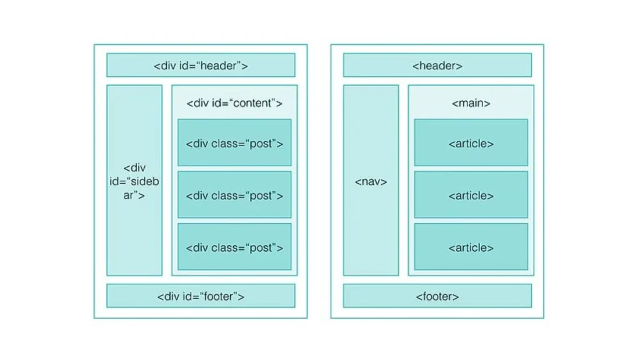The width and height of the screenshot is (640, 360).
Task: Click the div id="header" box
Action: point(201,65)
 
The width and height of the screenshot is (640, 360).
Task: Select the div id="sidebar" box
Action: point(134,181)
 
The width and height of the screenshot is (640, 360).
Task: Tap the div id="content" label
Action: point(234,103)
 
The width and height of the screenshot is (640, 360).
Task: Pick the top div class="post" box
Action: point(234,142)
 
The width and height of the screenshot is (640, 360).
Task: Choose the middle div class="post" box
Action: point(234,195)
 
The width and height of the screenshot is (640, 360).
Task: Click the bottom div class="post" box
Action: point(234,247)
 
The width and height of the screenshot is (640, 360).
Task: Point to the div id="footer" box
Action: point(201,296)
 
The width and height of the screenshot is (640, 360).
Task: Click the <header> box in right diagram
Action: point(437,65)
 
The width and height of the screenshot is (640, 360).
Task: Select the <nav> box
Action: point(371,181)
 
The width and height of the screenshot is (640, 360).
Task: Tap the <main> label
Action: point(471,103)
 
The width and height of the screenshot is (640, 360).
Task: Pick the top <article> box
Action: point(471,142)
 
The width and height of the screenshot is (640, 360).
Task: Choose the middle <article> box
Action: point(471,195)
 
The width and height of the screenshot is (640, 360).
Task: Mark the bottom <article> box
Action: point(471,247)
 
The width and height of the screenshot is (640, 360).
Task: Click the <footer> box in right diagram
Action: point(437,296)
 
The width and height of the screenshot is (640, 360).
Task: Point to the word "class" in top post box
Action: point(224,144)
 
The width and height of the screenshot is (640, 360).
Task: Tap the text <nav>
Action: point(371,182)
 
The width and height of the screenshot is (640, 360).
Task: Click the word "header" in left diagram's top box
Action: point(219,66)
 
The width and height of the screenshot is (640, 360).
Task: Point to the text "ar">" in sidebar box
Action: point(134,195)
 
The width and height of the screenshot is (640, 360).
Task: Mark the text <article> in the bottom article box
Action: point(471,248)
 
